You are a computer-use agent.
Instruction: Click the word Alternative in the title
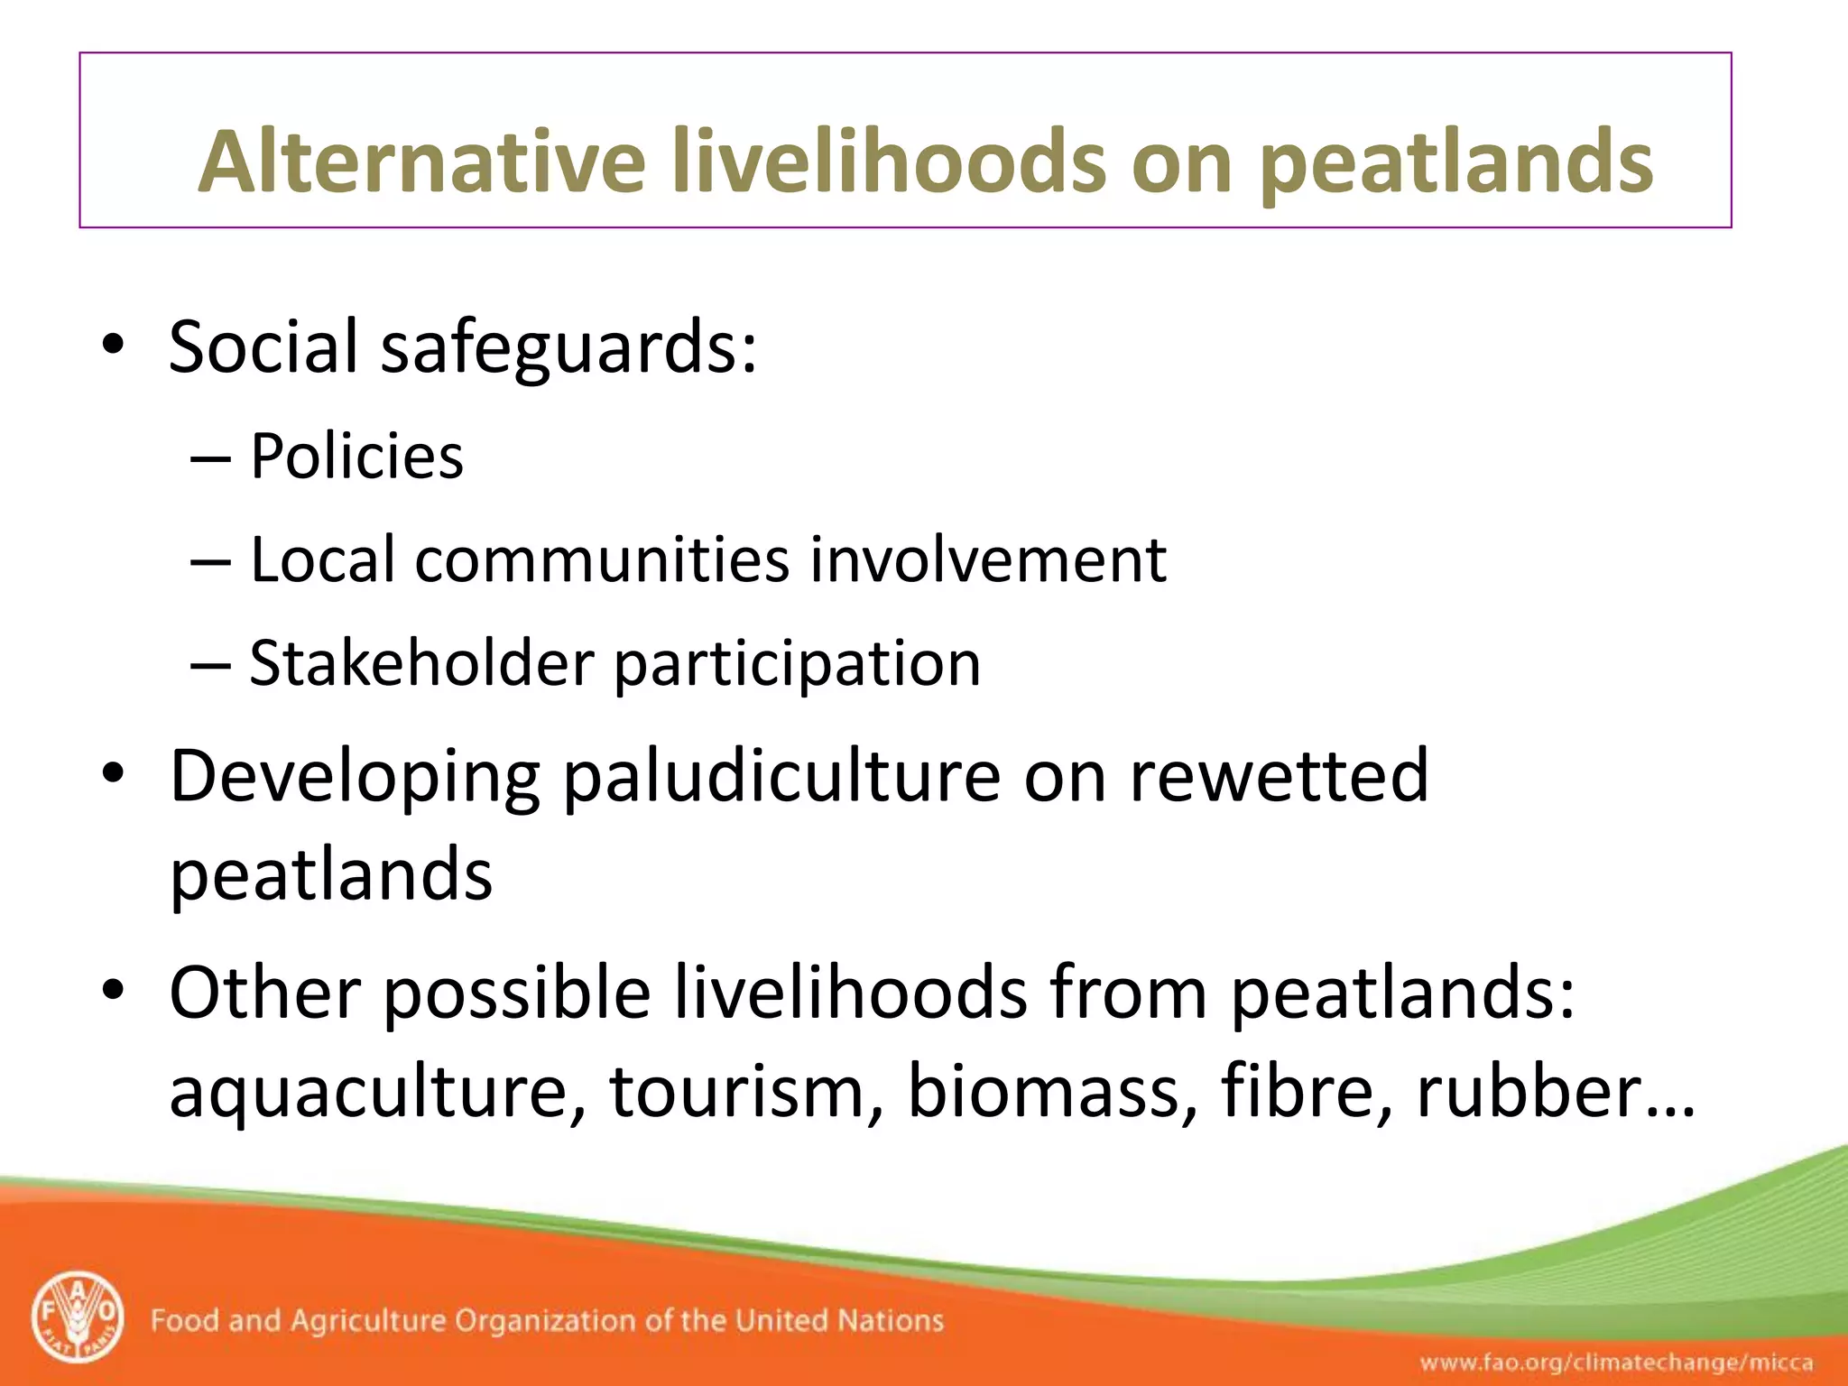point(421,162)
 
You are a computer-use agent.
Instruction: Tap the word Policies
point(356,457)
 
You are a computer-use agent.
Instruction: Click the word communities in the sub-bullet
point(602,560)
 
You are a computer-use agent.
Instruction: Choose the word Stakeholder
point(421,664)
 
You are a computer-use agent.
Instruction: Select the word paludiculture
point(781,778)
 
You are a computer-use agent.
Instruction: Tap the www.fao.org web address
point(1616,1362)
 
